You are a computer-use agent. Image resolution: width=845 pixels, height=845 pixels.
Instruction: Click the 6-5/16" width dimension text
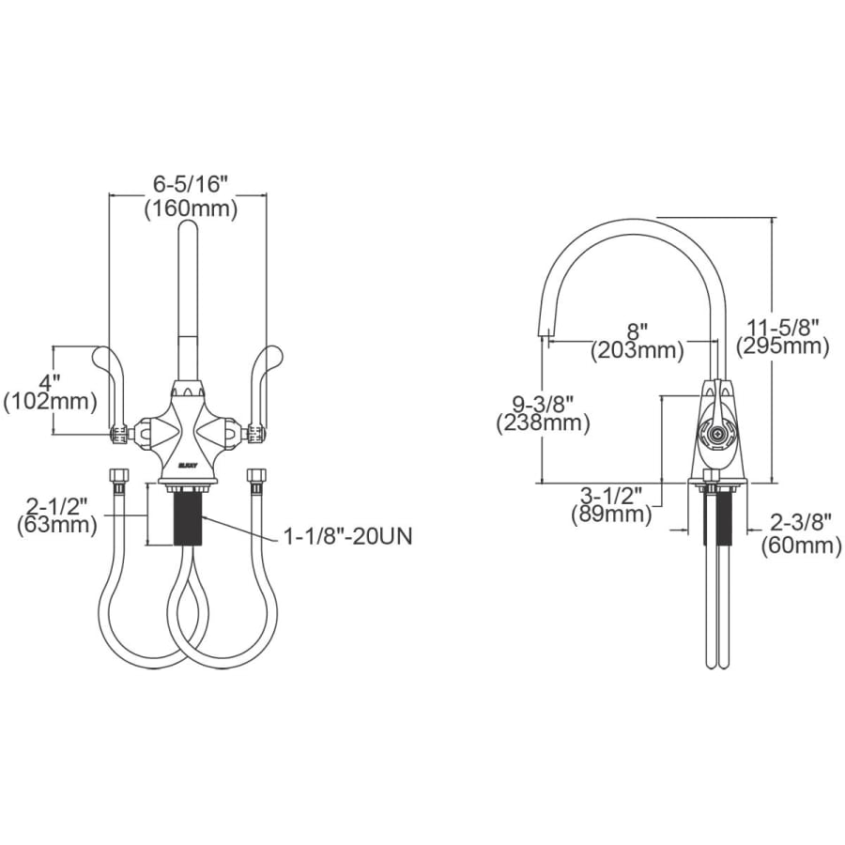[188, 185]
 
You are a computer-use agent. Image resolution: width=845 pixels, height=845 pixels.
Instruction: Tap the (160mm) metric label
[191, 209]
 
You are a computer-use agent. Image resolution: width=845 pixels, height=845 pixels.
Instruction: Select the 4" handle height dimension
[49, 383]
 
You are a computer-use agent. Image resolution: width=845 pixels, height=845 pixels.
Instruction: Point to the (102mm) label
[50, 402]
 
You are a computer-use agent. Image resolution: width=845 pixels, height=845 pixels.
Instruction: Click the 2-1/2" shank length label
[57, 507]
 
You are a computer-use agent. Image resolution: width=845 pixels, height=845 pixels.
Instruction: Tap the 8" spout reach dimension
[637, 330]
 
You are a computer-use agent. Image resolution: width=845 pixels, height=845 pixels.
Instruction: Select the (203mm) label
[637, 351]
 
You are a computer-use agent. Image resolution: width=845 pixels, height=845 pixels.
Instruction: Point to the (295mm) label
[782, 346]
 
